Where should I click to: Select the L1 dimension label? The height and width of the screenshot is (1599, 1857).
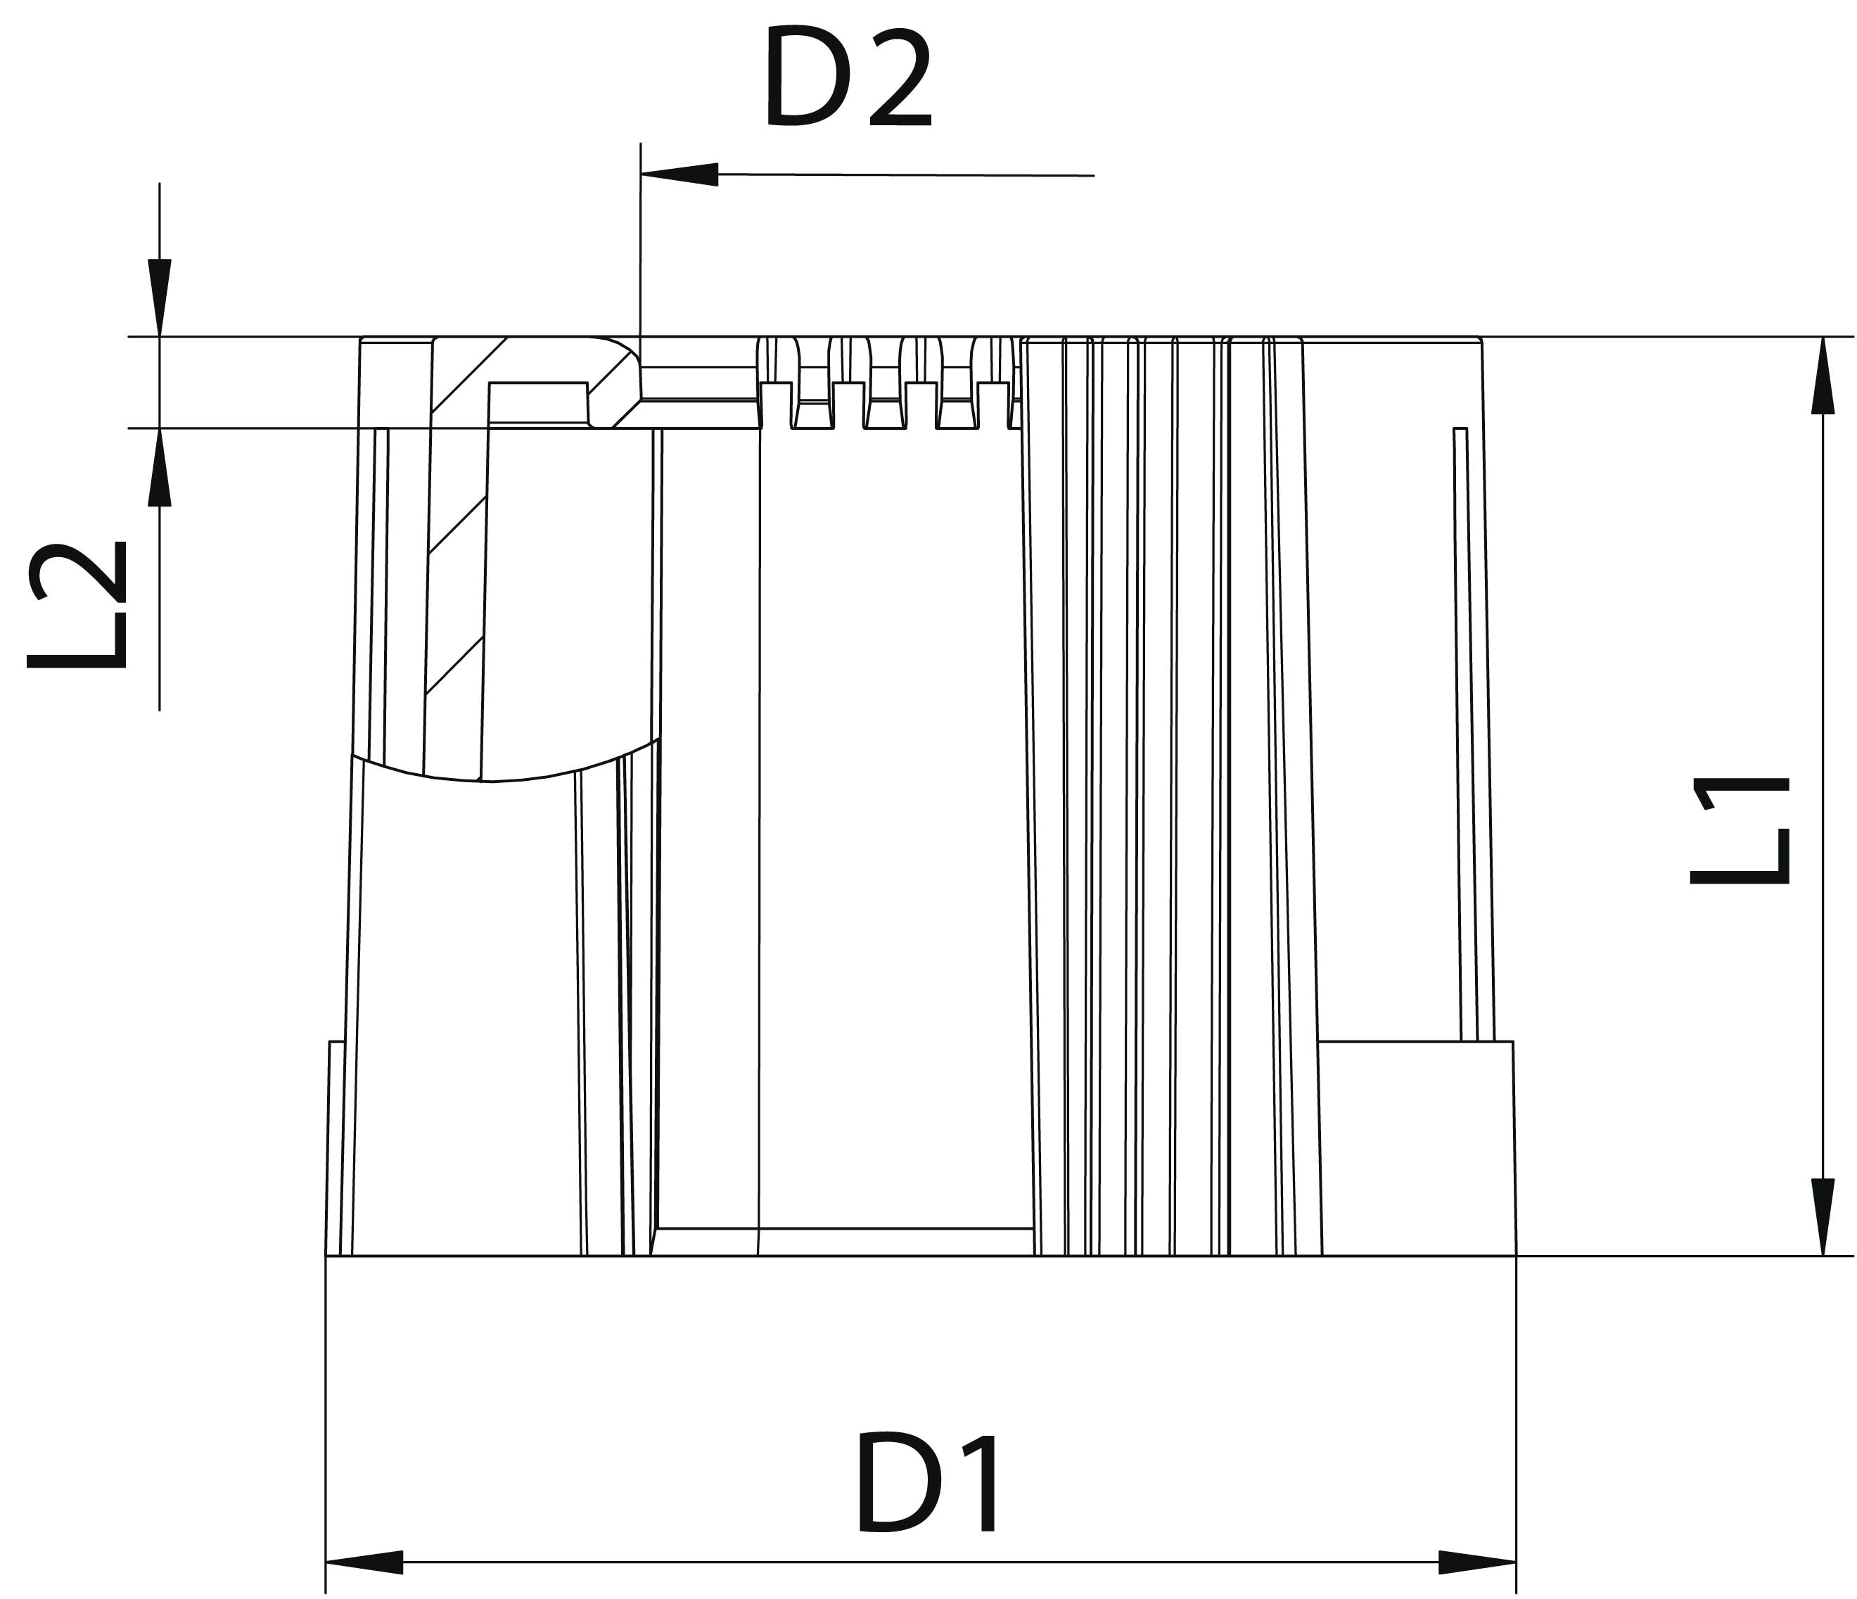pos(1740,831)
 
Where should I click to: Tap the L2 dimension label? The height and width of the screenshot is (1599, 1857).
pos(77,605)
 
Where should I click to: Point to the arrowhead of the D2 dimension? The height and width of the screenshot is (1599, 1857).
pos(679,174)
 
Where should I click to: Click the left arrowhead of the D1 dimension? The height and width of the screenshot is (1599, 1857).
pos(364,1562)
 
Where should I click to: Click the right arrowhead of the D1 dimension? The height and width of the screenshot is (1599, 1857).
pos(1477,1562)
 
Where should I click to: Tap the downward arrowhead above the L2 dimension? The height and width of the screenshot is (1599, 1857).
pos(160,298)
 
